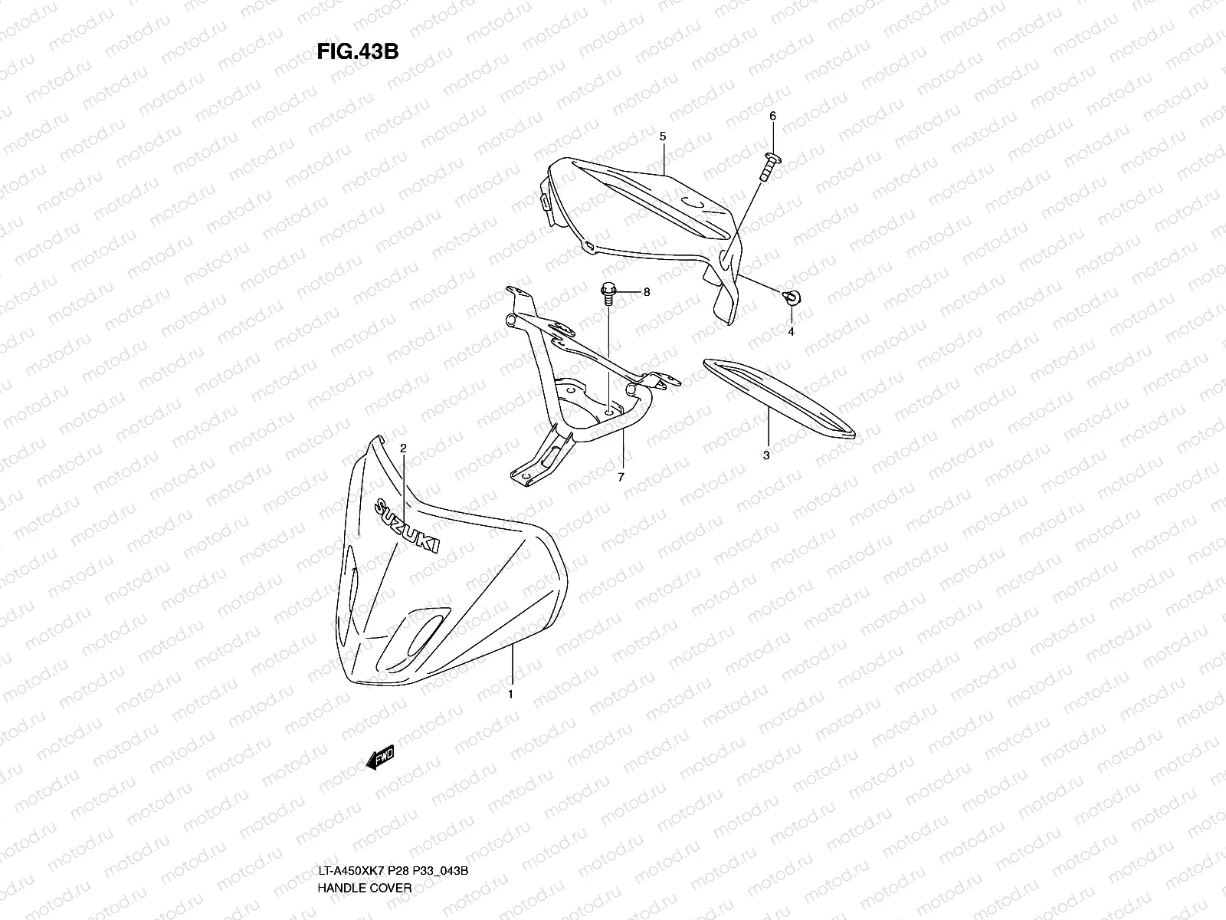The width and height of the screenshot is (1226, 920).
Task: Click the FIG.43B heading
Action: (356, 51)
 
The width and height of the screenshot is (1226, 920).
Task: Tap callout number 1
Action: (510, 695)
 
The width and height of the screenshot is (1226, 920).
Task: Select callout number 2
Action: (403, 447)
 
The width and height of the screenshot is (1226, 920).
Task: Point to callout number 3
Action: (766, 455)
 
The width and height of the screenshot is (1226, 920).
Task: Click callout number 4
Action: (791, 332)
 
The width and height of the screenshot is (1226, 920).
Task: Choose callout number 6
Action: (772, 116)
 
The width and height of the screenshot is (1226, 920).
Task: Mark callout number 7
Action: (621, 477)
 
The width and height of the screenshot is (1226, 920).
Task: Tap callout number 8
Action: (646, 292)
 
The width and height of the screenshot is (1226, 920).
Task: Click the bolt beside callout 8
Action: (608, 294)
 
